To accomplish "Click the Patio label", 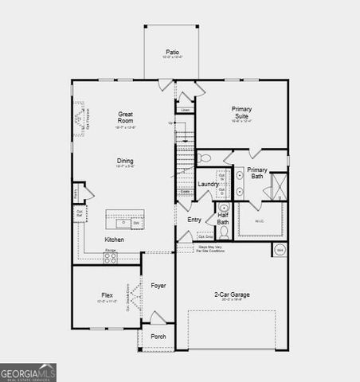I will (x=173, y=52).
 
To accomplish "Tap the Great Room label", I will (x=125, y=118).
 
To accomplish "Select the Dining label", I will (x=125, y=161).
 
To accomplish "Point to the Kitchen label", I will (x=114, y=240).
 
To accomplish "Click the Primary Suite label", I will (x=241, y=112).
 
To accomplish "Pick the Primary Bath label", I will (x=256, y=173).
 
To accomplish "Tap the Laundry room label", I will (x=209, y=185).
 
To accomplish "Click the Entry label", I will (x=194, y=220).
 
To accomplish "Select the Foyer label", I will (x=158, y=285).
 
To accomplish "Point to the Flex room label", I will (x=107, y=294).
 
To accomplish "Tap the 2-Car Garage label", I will (x=232, y=294).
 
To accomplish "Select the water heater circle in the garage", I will (x=280, y=250).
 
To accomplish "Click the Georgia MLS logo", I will (x=28, y=372).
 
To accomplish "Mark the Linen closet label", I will (x=185, y=110).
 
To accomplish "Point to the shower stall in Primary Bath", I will (x=278, y=186).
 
